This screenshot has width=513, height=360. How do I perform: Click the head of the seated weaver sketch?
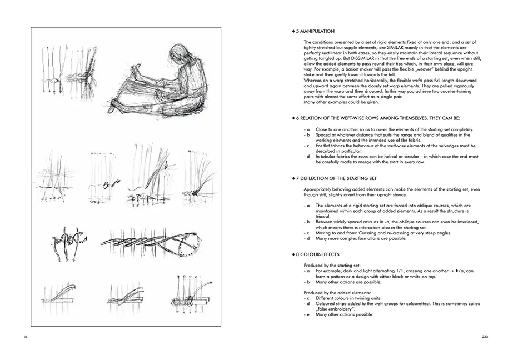tap(184, 53)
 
